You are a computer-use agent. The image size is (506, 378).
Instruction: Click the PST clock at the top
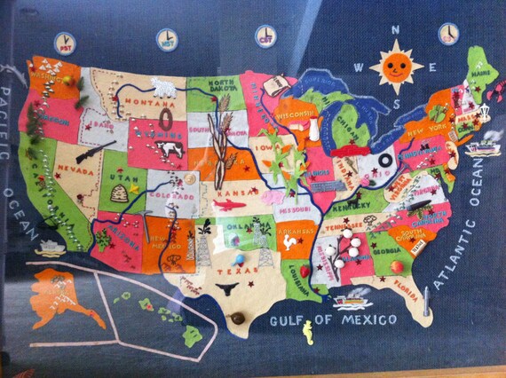coord(65,41)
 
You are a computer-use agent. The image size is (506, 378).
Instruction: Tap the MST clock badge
coord(165,37)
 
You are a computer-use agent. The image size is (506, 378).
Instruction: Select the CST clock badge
coord(265,35)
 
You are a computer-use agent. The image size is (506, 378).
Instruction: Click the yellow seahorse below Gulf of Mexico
coord(308,333)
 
